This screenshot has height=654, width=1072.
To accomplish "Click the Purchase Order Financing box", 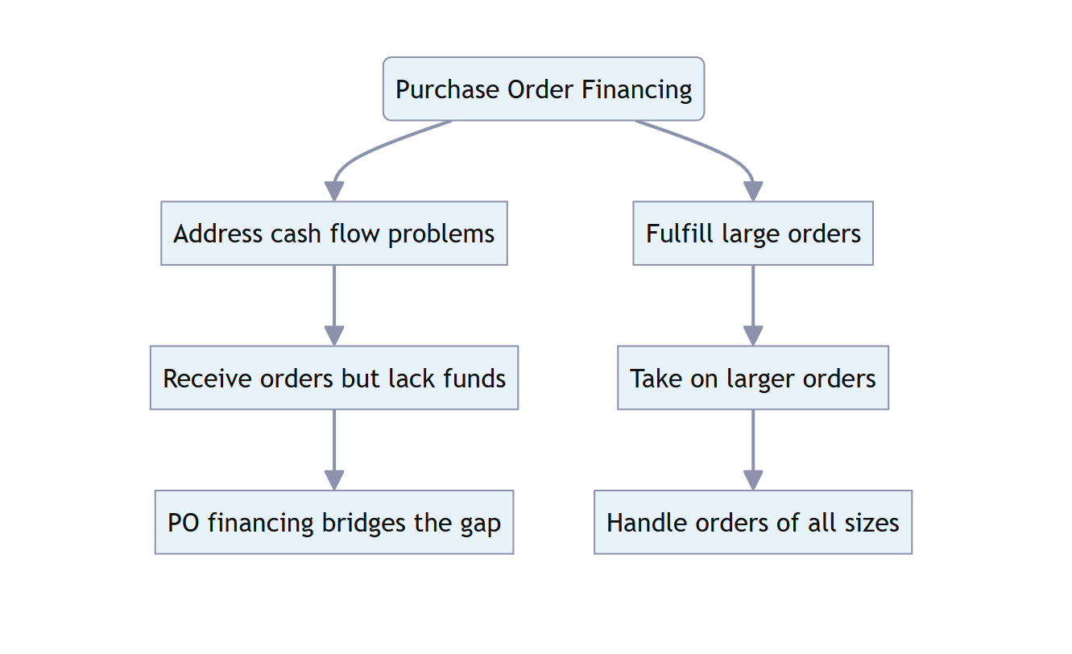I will pyautogui.click(x=544, y=89).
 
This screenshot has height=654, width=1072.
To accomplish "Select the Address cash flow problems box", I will pyautogui.click(x=334, y=234).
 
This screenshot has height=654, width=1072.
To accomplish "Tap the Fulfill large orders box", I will pyautogui.click(x=753, y=234).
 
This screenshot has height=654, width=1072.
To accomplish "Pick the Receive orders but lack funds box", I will pyautogui.click(x=334, y=378).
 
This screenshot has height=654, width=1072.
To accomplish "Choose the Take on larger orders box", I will pyautogui.click(x=753, y=378).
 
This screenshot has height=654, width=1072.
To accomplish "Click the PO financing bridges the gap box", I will pyautogui.click(x=334, y=522).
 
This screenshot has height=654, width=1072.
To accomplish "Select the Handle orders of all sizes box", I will pyautogui.click(x=753, y=522).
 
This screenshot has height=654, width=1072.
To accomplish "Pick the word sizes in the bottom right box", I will pyautogui.click(x=871, y=523).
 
